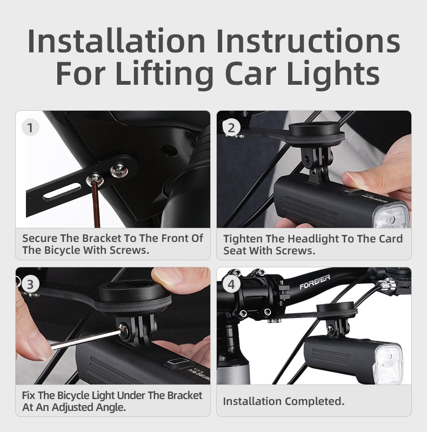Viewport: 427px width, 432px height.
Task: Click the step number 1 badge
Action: pyautogui.click(x=30, y=127)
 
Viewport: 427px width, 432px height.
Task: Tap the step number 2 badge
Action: pyautogui.click(x=231, y=127)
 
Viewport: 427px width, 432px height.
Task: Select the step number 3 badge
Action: pyautogui.click(x=30, y=284)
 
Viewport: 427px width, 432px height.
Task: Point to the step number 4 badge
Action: pyautogui.click(x=231, y=284)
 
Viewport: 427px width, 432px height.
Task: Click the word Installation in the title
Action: pyautogui.click(x=116, y=41)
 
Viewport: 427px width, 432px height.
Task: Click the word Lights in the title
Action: pyautogui.click(x=333, y=72)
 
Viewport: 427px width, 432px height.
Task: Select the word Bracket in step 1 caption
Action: pyautogui.click(x=102, y=238)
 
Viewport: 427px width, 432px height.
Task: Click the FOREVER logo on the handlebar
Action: pyautogui.click(x=315, y=282)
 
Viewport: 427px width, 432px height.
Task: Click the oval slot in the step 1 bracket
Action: pyautogui.click(x=62, y=191)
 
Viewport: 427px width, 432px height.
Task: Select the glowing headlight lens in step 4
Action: pyautogui.click(x=388, y=364)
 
